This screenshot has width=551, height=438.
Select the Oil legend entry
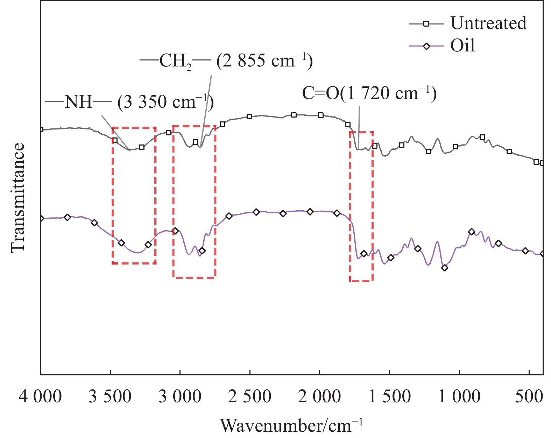point(462,46)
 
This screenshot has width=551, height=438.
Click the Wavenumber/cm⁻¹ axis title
point(291,425)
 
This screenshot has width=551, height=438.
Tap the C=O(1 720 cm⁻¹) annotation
point(369,94)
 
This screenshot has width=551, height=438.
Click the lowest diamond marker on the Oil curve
point(445,268)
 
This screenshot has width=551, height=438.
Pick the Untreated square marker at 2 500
point(249,116)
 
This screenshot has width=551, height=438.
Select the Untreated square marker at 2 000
point(321,115)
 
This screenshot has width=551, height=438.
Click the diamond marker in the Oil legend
point(426,46)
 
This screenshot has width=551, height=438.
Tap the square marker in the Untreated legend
point(426,24)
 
